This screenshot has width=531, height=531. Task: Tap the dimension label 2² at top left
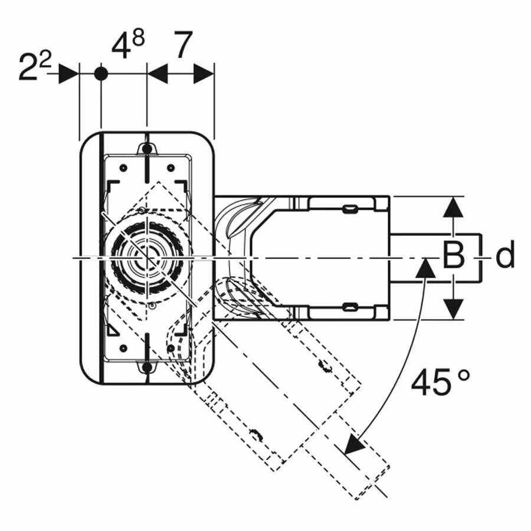35,66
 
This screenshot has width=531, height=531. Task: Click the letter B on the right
454,256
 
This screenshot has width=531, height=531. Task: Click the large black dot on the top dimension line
100,73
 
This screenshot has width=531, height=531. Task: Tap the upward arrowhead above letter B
453,207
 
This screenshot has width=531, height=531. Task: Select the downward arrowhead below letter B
453,309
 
